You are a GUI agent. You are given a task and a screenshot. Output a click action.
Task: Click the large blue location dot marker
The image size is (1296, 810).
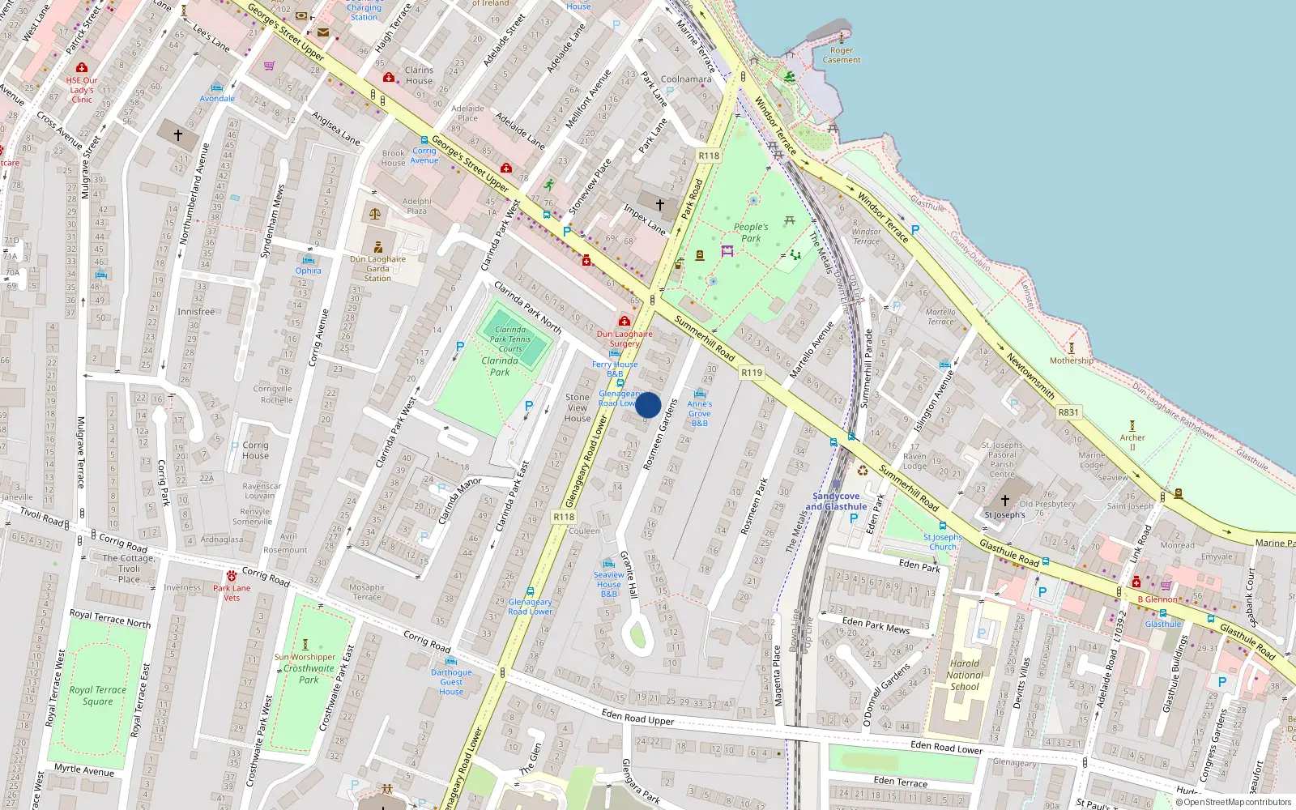tap(648, 405)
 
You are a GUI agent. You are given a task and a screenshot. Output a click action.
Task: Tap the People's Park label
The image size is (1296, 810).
tap(751, 232)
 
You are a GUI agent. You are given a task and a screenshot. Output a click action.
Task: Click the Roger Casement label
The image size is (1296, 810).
tap(842, 55)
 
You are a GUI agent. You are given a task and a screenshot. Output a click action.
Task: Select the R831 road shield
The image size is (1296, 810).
tap(1068, 412)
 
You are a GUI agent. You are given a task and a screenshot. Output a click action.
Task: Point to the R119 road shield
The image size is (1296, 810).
tap(752, 373)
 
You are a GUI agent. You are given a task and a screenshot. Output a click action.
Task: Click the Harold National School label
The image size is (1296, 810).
tap(965, 675)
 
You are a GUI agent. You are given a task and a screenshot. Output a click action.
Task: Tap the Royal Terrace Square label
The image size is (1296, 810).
tap(98, 696)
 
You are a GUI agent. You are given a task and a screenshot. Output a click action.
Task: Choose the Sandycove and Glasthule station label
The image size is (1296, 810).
tap(836, 501)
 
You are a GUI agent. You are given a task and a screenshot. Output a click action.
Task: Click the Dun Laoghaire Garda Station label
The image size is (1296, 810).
tap(377, 269)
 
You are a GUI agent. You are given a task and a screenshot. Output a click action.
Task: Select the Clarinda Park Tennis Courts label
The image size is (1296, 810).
tap(510, 339)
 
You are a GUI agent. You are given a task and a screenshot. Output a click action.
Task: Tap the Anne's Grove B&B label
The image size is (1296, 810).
tap(700, 413)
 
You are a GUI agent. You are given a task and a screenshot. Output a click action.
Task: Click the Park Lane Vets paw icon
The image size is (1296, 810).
tap(232, 576)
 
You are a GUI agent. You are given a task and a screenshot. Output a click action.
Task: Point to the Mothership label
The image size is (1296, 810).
tap(1071, 360)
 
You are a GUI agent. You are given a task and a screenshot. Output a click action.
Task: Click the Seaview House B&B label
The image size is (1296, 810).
tap(609, 584)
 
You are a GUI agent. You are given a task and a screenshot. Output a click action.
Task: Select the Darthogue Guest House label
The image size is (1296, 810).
tap(451, 682)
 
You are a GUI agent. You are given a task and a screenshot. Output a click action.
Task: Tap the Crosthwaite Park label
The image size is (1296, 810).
tap(309, 674)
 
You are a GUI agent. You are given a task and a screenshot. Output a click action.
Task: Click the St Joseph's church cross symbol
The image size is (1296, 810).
tap(1005, 501)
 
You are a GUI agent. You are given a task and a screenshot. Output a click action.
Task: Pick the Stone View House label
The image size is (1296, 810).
tap(578, 407)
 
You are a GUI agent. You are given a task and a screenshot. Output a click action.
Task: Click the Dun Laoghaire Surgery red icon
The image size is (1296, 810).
tap(625, 321)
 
